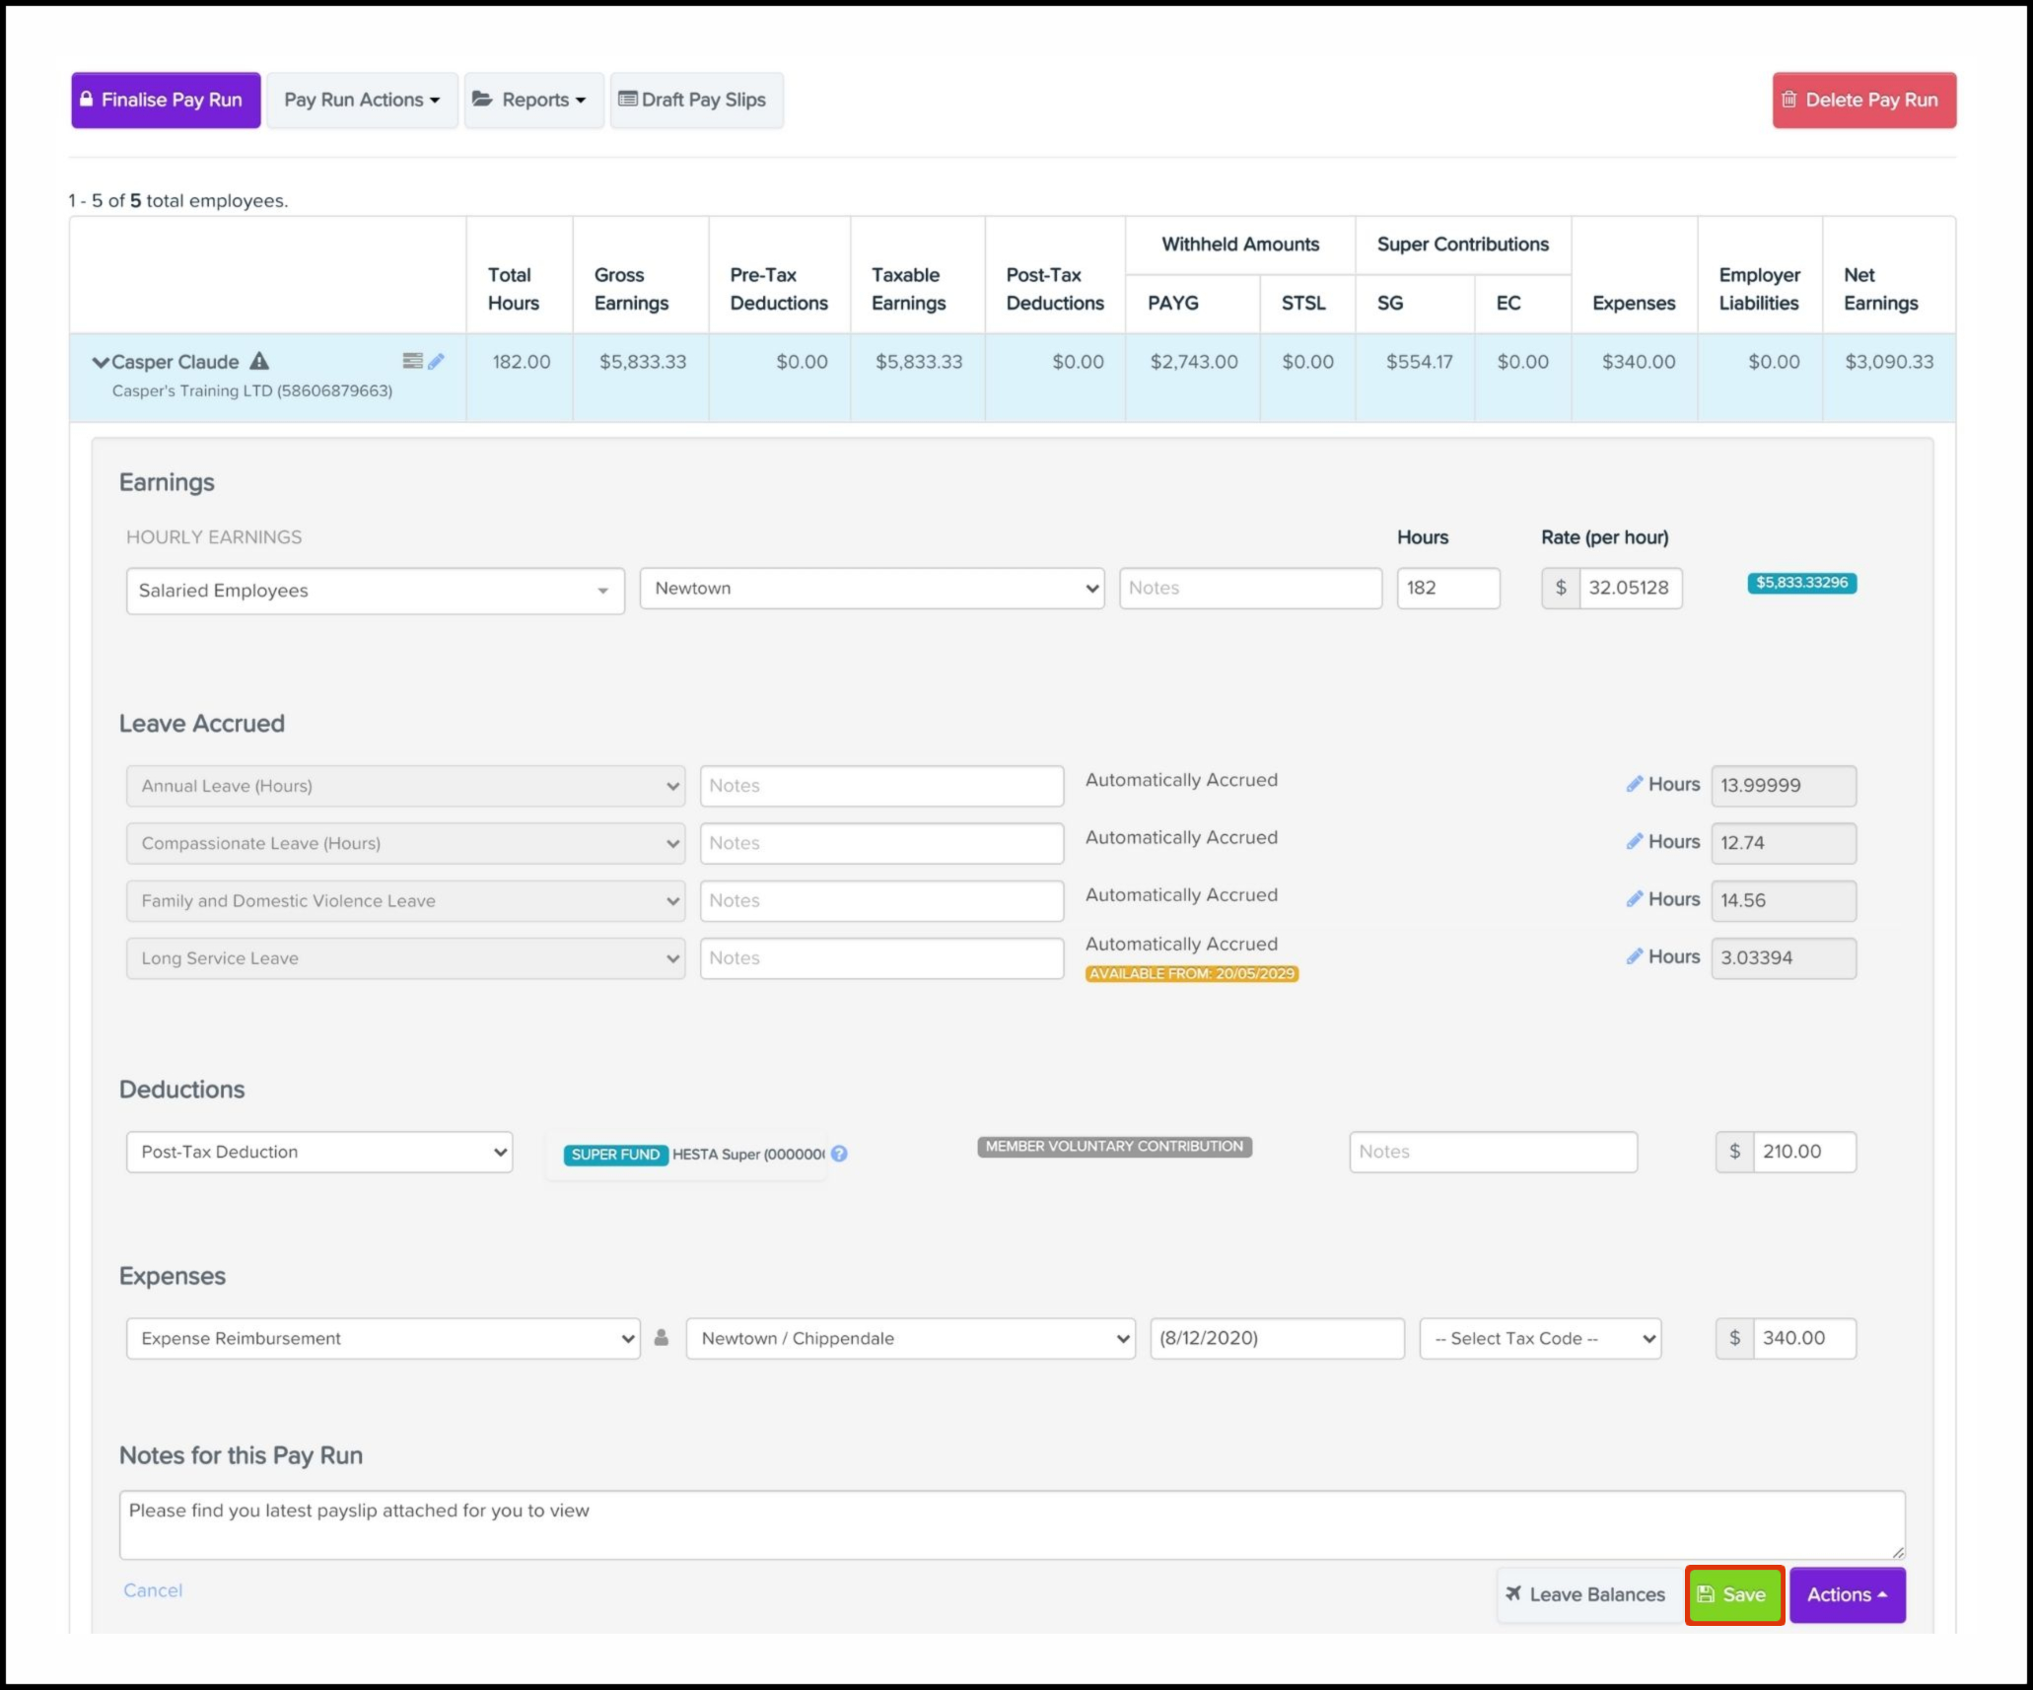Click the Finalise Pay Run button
pyautogui.click(x=166, y=100)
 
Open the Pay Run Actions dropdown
pyautogui.click(x=362, y=100)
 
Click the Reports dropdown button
pyautogui.click(x=533, y=100)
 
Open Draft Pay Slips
pyautogui.click(x=696, y=100)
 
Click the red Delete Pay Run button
pyautogui.click(x=1863, y=100)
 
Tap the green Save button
pyautogui.click(x=1734, y=1594)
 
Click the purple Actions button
pyautogui.click(x=1847, y=1594)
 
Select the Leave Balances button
pyautogui.click(x=1586, y=1594)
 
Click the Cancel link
pyautogui.click(x=153, y=1589)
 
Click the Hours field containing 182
pyautogui.click(x=1447, y=588)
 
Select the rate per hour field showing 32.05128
pyautogui.click(x=1630, y=588)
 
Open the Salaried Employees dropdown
pyautogui.click(x=375, y=591)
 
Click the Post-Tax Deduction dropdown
pyautogui.click(x=319, y=1152)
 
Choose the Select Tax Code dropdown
pyautogui.click(x=1540, y=1338)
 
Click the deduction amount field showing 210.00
pyautogui.click(x=1804, y=1152)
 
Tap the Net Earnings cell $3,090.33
pyautogui.click(x=1889, y=362)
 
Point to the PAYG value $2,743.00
pyautogui.click(x=1194, y=362)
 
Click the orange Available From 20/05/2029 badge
pyautogui.click(x=1191, y=973)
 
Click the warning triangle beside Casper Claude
pyautogui.click(x=259, y=361)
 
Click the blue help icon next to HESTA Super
pyautogui.click(x=839, y=1154)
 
